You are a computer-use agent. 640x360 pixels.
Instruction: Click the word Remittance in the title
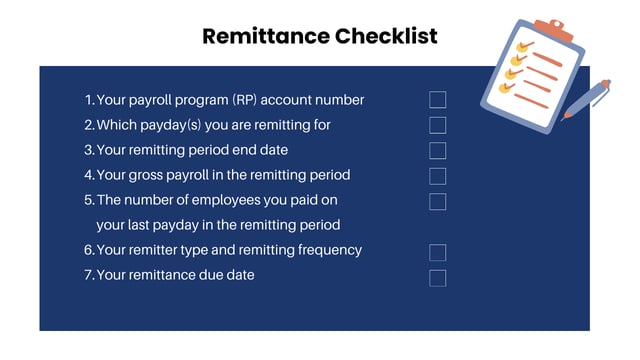[264, 37]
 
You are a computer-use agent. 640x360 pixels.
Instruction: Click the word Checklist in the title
[386, 37]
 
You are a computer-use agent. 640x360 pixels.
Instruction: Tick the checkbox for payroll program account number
[437, 100]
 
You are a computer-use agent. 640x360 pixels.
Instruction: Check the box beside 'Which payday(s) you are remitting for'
[437, 125]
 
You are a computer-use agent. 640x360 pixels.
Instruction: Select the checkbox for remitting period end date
[437, 151]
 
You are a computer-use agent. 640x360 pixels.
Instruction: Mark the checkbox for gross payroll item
[437, 176]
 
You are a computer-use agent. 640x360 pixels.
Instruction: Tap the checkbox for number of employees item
[437, 201]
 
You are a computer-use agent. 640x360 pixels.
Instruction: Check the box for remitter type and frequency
[437, 252]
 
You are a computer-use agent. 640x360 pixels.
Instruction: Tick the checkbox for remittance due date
[437, 277]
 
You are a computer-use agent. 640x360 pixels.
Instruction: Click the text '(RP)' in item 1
[245, 100]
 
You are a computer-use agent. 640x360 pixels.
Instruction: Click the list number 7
[88, 275]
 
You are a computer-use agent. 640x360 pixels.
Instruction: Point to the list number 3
[88, 150]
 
